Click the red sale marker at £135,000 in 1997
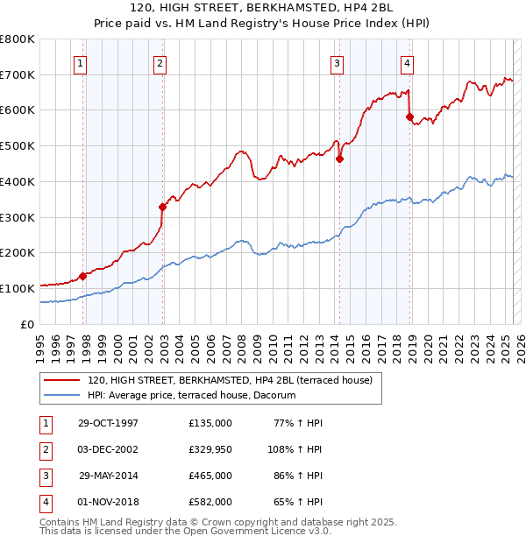click(83, 276)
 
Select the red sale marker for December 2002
click(162, 207)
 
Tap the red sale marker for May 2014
click(339, 159)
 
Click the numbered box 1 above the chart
click(81, 63)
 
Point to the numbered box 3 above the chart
click(337, 63)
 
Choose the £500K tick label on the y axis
click(18, 146)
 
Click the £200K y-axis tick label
click(18, 253)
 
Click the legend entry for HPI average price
click(192, 395)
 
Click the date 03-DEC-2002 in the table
click(109, 449)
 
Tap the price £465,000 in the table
click(210, 476)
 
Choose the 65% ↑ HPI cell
click(300, 502)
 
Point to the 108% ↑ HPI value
click(296, 449)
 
